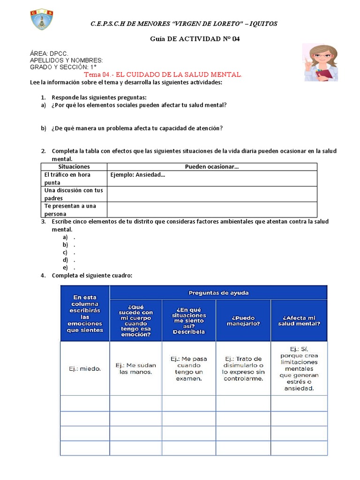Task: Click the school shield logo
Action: point(42,19)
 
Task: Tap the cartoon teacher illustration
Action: point(320,62)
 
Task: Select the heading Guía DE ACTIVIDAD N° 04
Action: point(195,39)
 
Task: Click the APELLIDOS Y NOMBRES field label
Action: point(66,60)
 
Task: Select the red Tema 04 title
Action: point(163,75)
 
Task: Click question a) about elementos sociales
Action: point(139,105)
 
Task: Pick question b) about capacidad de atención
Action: point(137,128)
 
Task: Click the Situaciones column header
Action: point(74,166)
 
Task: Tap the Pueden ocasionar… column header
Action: point(212,166)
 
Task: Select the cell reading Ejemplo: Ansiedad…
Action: point(138,175)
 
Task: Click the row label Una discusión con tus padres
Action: point(74,194)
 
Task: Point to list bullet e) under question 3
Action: point(66,267)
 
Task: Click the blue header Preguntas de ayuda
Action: point(218,293)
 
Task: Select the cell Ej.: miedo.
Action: point(84,369)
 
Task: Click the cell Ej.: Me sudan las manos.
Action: point(135,369)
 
